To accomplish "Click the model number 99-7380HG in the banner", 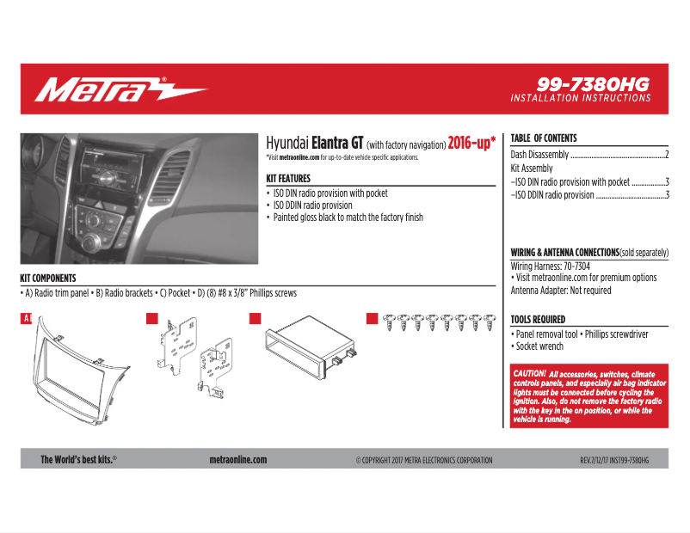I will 593,84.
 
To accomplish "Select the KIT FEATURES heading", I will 294,179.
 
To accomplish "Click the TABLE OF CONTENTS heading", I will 544,138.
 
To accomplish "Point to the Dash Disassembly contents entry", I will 539,155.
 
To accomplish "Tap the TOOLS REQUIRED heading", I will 538,319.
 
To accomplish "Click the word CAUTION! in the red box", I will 529,374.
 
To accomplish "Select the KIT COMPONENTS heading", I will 48,279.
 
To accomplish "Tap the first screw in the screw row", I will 389,323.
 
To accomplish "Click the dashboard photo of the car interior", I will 139,198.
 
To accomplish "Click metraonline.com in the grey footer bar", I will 238,460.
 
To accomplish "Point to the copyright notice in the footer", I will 424,461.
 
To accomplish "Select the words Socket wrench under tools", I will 539,346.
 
